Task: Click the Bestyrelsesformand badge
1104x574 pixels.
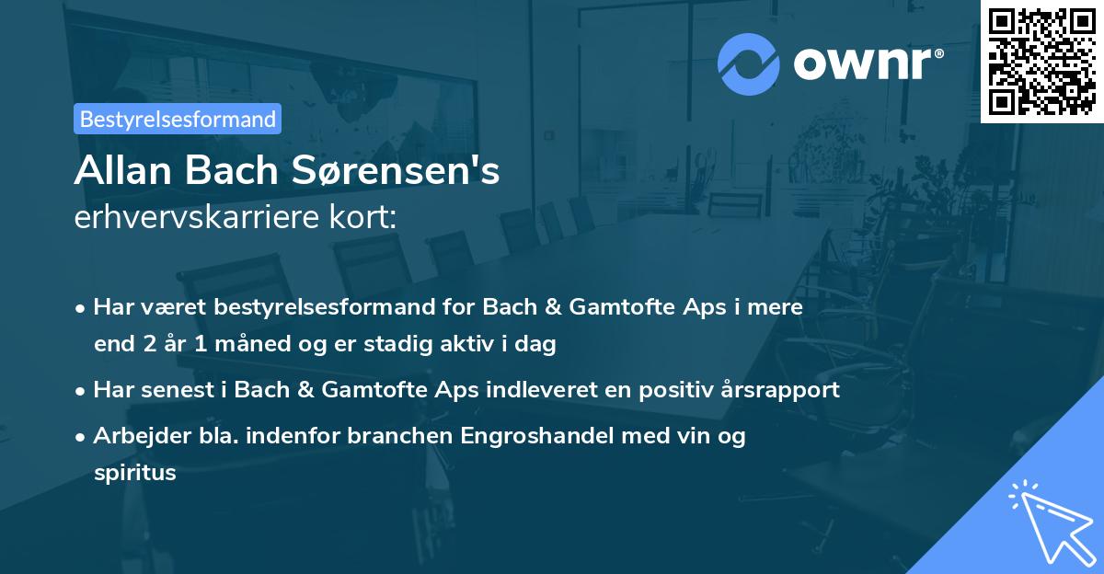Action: click(178, 119)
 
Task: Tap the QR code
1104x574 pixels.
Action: click(1041, 61)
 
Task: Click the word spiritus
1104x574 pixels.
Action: click(134, 473)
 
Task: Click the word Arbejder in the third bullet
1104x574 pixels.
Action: click(134, 436)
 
